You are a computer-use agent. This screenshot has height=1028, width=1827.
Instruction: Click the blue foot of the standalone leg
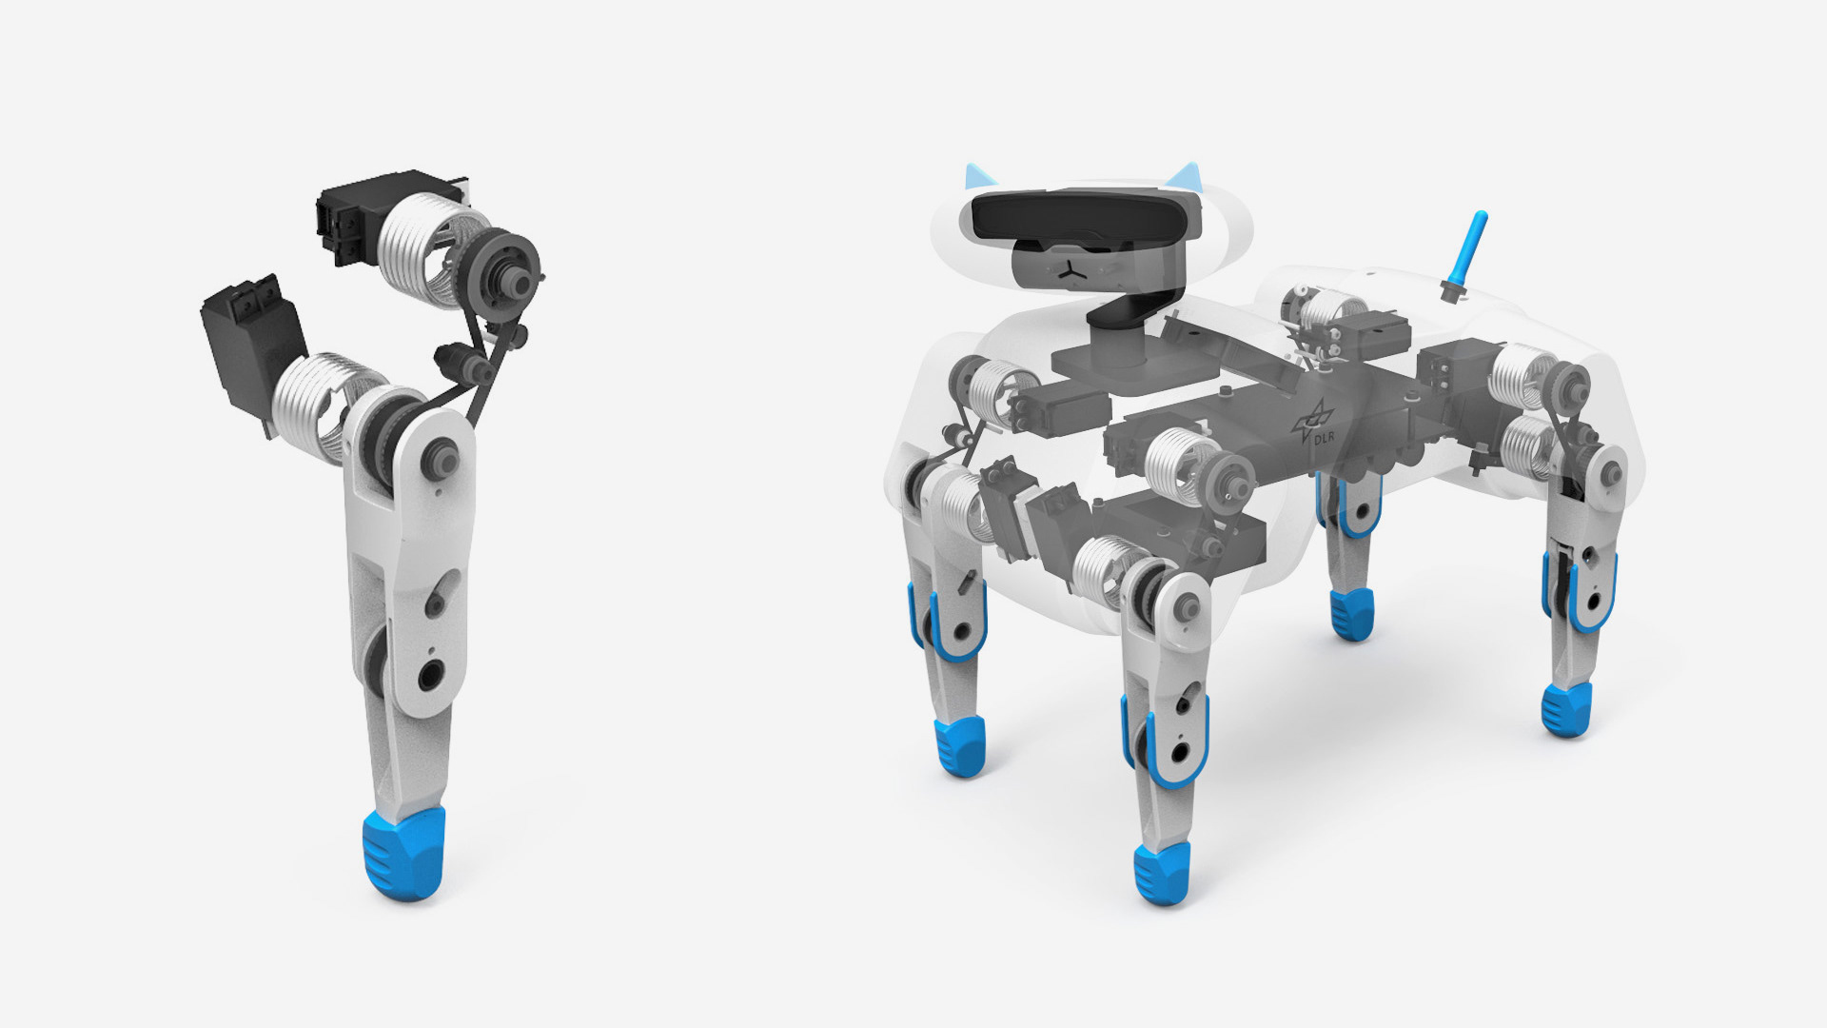coord(403,854)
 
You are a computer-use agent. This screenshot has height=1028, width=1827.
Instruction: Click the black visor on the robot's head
coord(1085,217)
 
